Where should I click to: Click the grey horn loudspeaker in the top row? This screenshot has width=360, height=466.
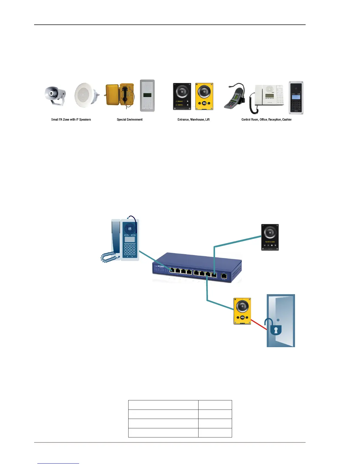[x=55, y=95]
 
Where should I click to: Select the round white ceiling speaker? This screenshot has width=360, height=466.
[x=86, y=95]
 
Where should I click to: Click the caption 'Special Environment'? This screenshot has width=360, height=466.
[x=130, y=119]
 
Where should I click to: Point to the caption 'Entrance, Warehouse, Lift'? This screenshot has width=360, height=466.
[x=194, y=119]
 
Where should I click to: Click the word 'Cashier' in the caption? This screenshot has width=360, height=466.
[x=287, y=119]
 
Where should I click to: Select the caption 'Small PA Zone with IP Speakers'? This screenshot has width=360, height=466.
[x=71, y=119]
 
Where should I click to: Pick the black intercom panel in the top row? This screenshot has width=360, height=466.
[x=182, y=96]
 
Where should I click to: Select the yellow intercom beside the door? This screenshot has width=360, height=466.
[x=242, y=311]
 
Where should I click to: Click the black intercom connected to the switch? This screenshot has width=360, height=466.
[x=270, y=237]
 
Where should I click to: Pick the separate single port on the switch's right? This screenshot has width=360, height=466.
[x=224, y=276]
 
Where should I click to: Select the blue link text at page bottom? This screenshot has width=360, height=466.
[x=58, y=463]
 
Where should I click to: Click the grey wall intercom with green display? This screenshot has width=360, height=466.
[x=147, y=96]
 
